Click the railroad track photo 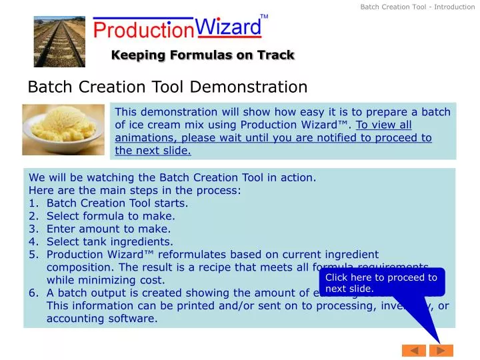tap(60, 41)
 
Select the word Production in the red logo tap(143, 30)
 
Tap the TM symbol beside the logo tap(264, 16)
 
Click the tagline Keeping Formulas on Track tap(203, 55)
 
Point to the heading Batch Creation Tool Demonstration tap(167, 87)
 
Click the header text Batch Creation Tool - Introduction tap(417, 7)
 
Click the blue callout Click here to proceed tap(381, 283)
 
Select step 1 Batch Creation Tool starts tap(117, 203)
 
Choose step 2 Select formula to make tap(111, 216)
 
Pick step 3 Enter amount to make tap(109, 229)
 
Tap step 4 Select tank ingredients tap(109, 241)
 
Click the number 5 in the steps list tap(32, 254)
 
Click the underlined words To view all tap(384, 125)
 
